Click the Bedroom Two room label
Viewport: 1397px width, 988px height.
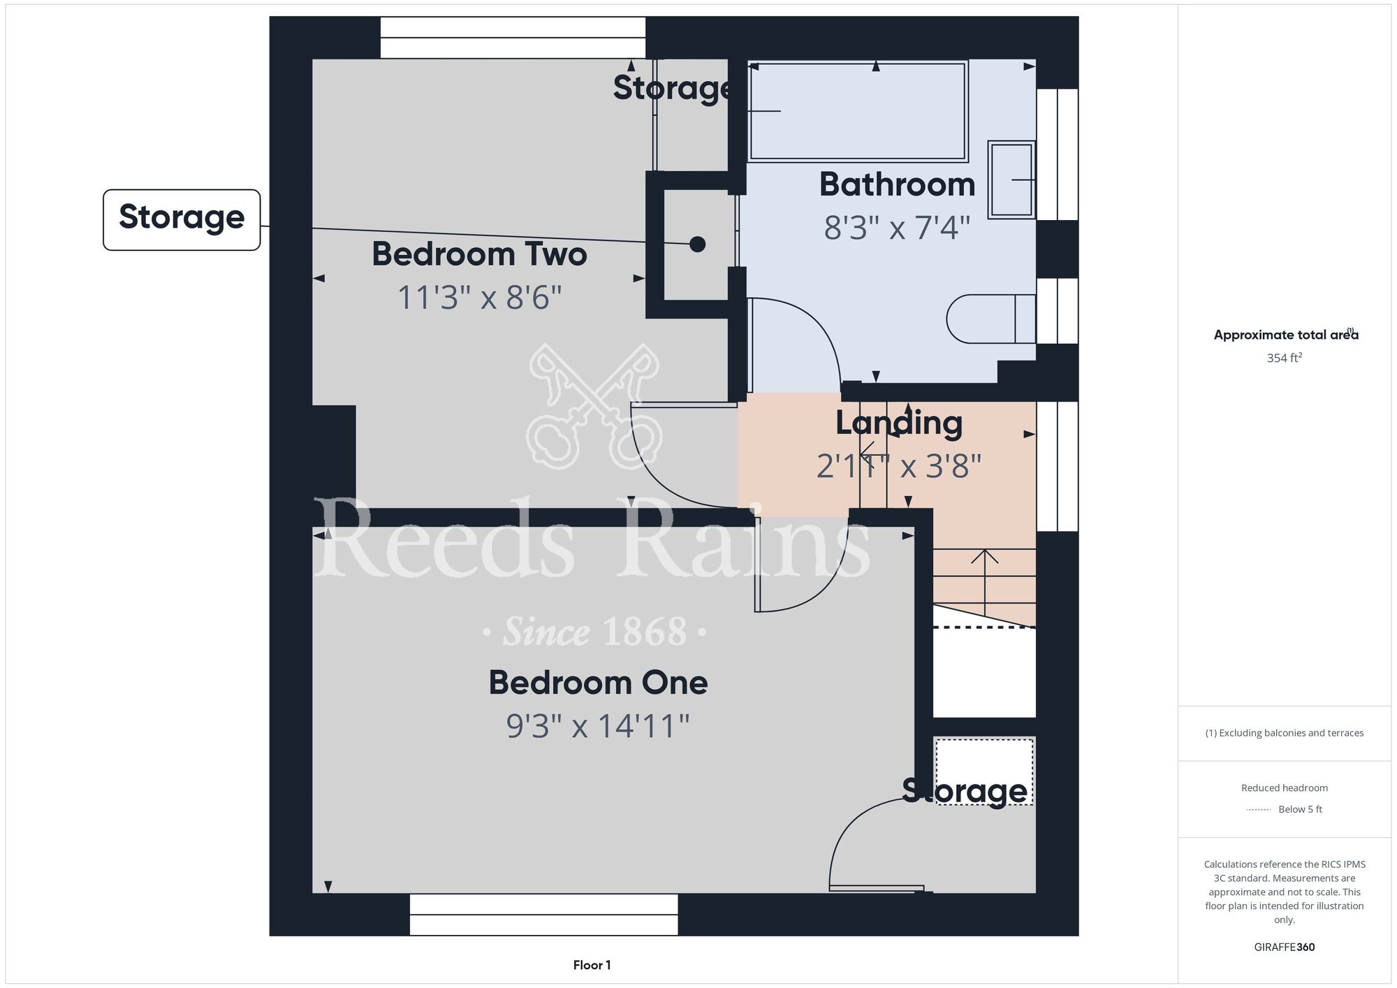tap(479, 254)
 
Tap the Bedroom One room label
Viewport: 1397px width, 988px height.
tap(598, 683)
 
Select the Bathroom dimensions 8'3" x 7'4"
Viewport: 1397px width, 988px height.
tap(898, 228)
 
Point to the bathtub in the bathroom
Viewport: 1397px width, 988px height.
tap(858, 112)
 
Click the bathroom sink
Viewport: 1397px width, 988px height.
tap(1011, 180)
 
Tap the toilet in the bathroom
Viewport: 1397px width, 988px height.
tap(991, 319)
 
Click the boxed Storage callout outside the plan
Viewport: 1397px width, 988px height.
tap(182, 219)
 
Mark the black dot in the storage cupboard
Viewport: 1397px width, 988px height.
tap(697, 245)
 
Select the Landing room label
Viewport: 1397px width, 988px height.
tap(899, 423)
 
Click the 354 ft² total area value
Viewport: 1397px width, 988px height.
tap(1285, 358)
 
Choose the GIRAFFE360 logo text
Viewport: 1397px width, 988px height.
tap(1285, 947)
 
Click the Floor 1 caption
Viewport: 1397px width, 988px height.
tap(592, 965)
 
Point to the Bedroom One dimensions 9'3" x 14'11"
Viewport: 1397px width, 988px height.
tap(598, 726)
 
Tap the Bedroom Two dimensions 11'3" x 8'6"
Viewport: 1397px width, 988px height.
tap(479, 298)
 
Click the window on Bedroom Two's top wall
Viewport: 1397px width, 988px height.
tap(513, 38)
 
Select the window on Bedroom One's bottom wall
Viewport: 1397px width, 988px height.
tap(543, 915)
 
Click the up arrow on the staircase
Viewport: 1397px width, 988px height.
tap(984, 582)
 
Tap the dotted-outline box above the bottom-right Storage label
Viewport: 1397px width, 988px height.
tap(984, 771)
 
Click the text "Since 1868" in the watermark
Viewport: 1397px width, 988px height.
tap(594, 632)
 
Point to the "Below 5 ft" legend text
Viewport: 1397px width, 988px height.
tap(1300, 809)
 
